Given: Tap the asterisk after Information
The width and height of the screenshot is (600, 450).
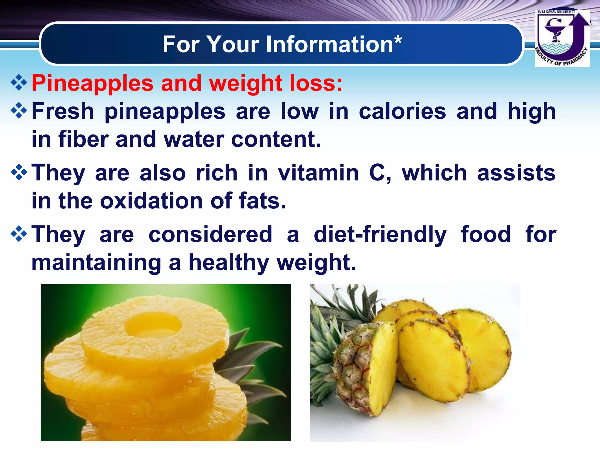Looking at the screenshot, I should pyautogui.click(x=398, y=41).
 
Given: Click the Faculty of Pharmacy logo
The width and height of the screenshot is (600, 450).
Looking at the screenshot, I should pyautogui.click(x=562, y=38).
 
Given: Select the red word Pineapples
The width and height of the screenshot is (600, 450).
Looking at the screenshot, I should pyautogui.click(x=92, y=83).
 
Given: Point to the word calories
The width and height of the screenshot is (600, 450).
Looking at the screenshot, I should pyautogui.click(x=402, y=111).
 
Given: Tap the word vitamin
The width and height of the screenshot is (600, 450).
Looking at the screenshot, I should pyautogui.click(x=318, y=173).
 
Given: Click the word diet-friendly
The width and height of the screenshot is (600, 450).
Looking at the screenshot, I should pyautogui.click(x=380, y=234).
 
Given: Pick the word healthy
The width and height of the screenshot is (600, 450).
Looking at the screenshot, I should pyautogui.click(x=229, y=262).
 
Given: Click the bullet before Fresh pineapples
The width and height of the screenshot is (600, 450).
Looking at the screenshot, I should pyautogui.click(x=19, y=111).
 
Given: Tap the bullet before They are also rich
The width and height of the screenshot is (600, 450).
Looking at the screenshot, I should pyautogui.click(x=19, y=172).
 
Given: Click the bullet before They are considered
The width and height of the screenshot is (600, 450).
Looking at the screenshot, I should pyautogui.click(x=19, y=234).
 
